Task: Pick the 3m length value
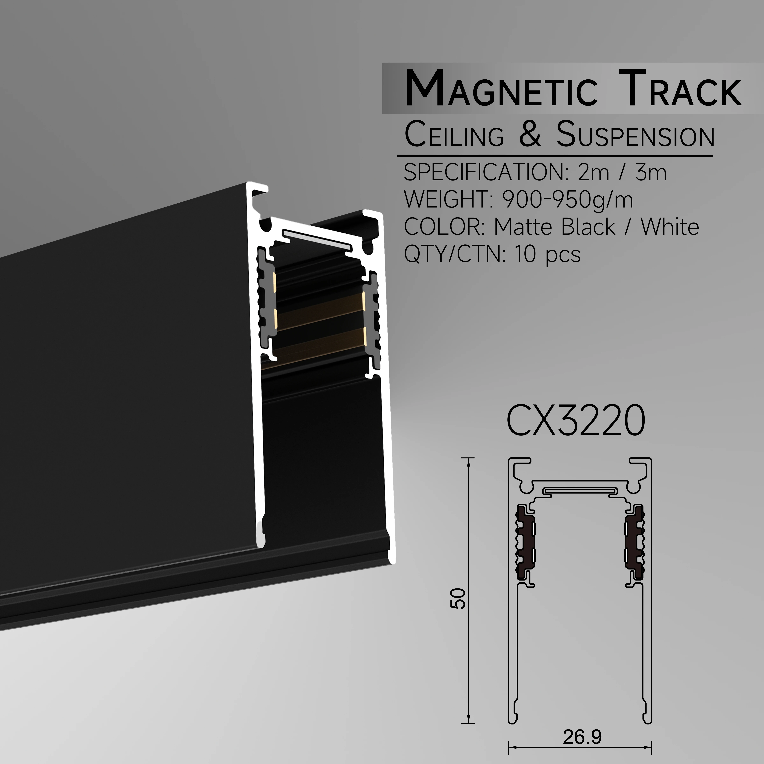point(651,173)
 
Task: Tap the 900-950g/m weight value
point(567,200)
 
